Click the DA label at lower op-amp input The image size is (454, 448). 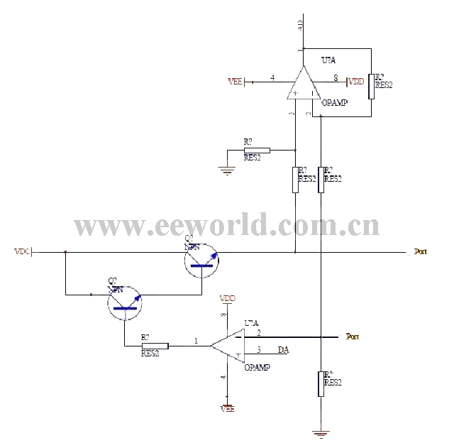[x=283, y=350]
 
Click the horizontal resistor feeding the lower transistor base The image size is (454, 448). [x=155, y=346]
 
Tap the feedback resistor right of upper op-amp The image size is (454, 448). [x=370, y=85]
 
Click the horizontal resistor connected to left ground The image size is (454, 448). [x=257, y=150]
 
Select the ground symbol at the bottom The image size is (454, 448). [x=321, y=432]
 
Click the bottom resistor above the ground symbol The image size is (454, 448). [x=321, y=383]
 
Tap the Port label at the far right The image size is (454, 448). [x=421, y=251]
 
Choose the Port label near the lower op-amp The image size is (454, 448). [x=352, y=337]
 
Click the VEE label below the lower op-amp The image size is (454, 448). [x=227, y=408]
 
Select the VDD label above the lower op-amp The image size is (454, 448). [x=228, y=298]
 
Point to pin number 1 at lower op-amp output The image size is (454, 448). [x=196, y=342]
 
